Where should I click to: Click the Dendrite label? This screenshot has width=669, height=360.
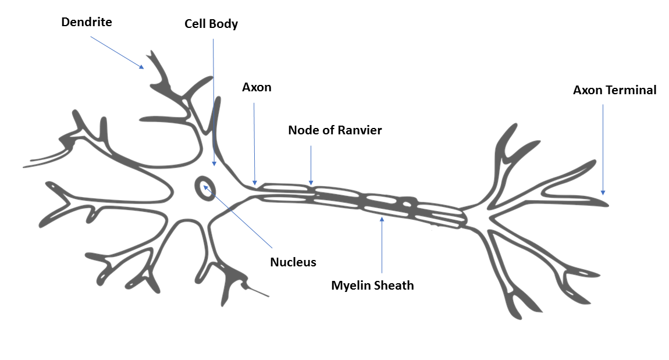tap(87, 22)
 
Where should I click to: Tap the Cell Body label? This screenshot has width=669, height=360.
tap(211, 24)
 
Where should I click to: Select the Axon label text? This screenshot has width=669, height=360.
tap(257, 87)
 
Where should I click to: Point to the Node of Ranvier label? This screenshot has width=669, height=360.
tap(335, 130)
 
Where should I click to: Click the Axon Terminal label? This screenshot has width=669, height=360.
tap(614, 90)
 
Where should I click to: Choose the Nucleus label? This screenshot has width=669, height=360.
tap(293, 262)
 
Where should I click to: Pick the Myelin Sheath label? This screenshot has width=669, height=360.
tap(372, 286)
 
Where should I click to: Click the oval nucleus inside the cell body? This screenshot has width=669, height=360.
tap(205, 188)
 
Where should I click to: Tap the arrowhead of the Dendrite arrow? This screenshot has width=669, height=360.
tap(141, 66)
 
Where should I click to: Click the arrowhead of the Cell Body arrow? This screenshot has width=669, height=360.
tap(214, 163)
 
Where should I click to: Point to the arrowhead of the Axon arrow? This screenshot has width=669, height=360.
tap(255, 183)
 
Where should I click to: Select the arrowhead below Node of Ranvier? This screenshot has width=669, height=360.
tap(311, 183)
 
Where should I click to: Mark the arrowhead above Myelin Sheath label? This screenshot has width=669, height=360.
tap(382, 219)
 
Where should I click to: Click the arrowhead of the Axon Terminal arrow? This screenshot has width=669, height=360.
tap(603, 193)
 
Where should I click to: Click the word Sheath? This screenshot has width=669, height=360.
tap(394, 286)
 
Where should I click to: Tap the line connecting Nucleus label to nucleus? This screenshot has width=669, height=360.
tap(238, 216)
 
